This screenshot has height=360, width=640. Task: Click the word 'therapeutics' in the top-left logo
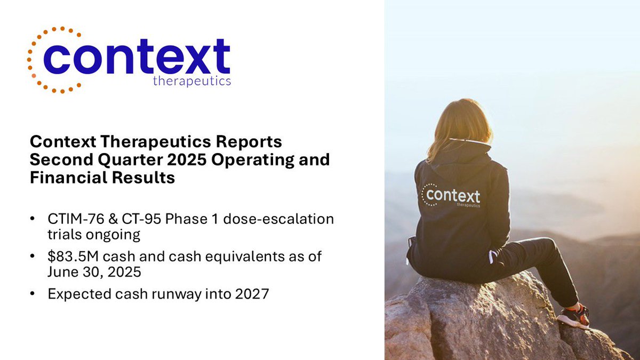(191, 81)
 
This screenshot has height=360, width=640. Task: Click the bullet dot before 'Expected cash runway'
(34, 294)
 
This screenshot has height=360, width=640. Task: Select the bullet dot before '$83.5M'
(34, 257)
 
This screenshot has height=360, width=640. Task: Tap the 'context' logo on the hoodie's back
(452, 196)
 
